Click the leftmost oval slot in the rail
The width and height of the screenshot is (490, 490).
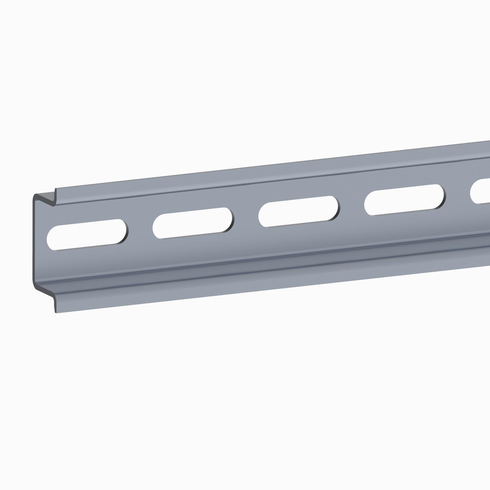tap(88, 235)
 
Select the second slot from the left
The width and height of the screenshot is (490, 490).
tap(193, 223)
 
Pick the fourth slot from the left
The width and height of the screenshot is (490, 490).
tap(404, 200)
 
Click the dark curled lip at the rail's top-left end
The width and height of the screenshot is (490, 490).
tap(46, 198)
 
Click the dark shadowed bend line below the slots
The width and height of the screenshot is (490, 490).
tap(261, 261)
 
